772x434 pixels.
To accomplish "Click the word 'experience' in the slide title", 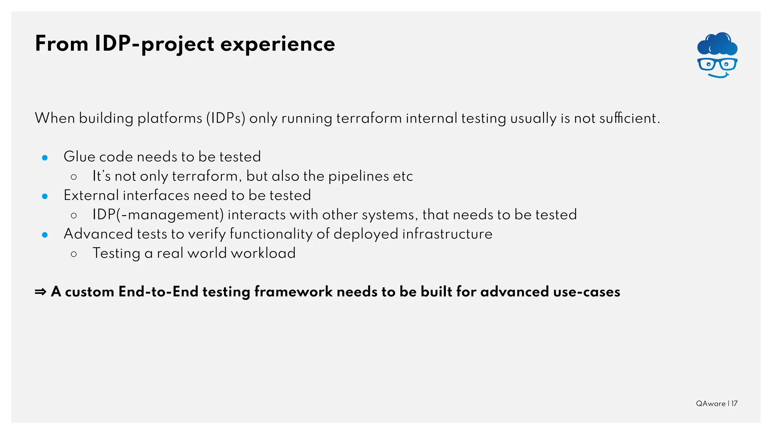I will coord(277,44).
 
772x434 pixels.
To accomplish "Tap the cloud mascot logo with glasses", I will coord(717,55).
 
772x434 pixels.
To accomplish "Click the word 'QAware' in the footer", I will coord(711,403).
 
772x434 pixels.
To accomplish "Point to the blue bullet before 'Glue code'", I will coord(45,157).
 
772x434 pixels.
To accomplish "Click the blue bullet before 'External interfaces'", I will coord(45,196).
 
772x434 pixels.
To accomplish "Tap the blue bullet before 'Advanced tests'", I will coord(45,235).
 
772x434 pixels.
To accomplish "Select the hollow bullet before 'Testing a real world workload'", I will coord(74,254).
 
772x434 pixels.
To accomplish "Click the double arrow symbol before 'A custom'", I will coord(40,292).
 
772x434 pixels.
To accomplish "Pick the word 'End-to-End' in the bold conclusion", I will coord(158,292).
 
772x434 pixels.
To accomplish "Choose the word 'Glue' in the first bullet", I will coord(79,157).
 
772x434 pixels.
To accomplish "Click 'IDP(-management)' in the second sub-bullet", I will coord(158,215).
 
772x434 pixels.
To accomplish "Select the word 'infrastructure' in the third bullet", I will coord(447,234).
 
